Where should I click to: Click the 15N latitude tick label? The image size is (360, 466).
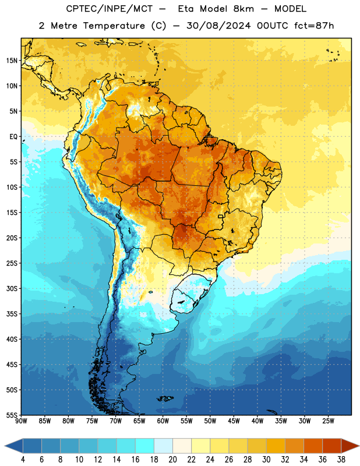tap(12, 61)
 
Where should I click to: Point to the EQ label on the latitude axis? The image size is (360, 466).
tap(13, 137)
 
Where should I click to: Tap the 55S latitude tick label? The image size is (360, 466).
tap(12, 415)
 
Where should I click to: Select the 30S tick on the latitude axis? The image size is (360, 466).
tap(12, 288)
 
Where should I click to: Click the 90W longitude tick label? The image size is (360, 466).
tap(21, 421)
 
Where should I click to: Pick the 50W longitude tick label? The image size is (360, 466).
tap(210, 421)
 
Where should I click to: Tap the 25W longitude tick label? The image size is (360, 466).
tap(328, 421)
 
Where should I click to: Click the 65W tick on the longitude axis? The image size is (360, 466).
tap(139, 421)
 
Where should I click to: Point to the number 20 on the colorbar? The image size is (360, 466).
tap(172, 460)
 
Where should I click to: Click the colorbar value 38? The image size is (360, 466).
tap(341, 460)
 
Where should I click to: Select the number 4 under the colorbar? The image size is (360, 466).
tap(23, 460)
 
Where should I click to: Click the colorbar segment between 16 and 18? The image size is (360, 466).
tap(144, 446)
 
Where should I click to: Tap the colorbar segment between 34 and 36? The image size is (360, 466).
tap(313, 446)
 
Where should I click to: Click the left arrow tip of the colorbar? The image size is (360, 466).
tap(5, 446)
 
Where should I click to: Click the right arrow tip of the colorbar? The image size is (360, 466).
tap(359, 446)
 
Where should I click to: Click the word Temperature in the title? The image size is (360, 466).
tap(114, 26)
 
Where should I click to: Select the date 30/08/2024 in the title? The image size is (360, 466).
tap(218, 26)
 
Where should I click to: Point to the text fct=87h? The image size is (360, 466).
tap(314, 26)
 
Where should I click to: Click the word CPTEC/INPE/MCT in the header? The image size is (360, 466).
tap(110, 9)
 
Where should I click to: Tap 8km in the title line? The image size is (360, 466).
tap(243, 9)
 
